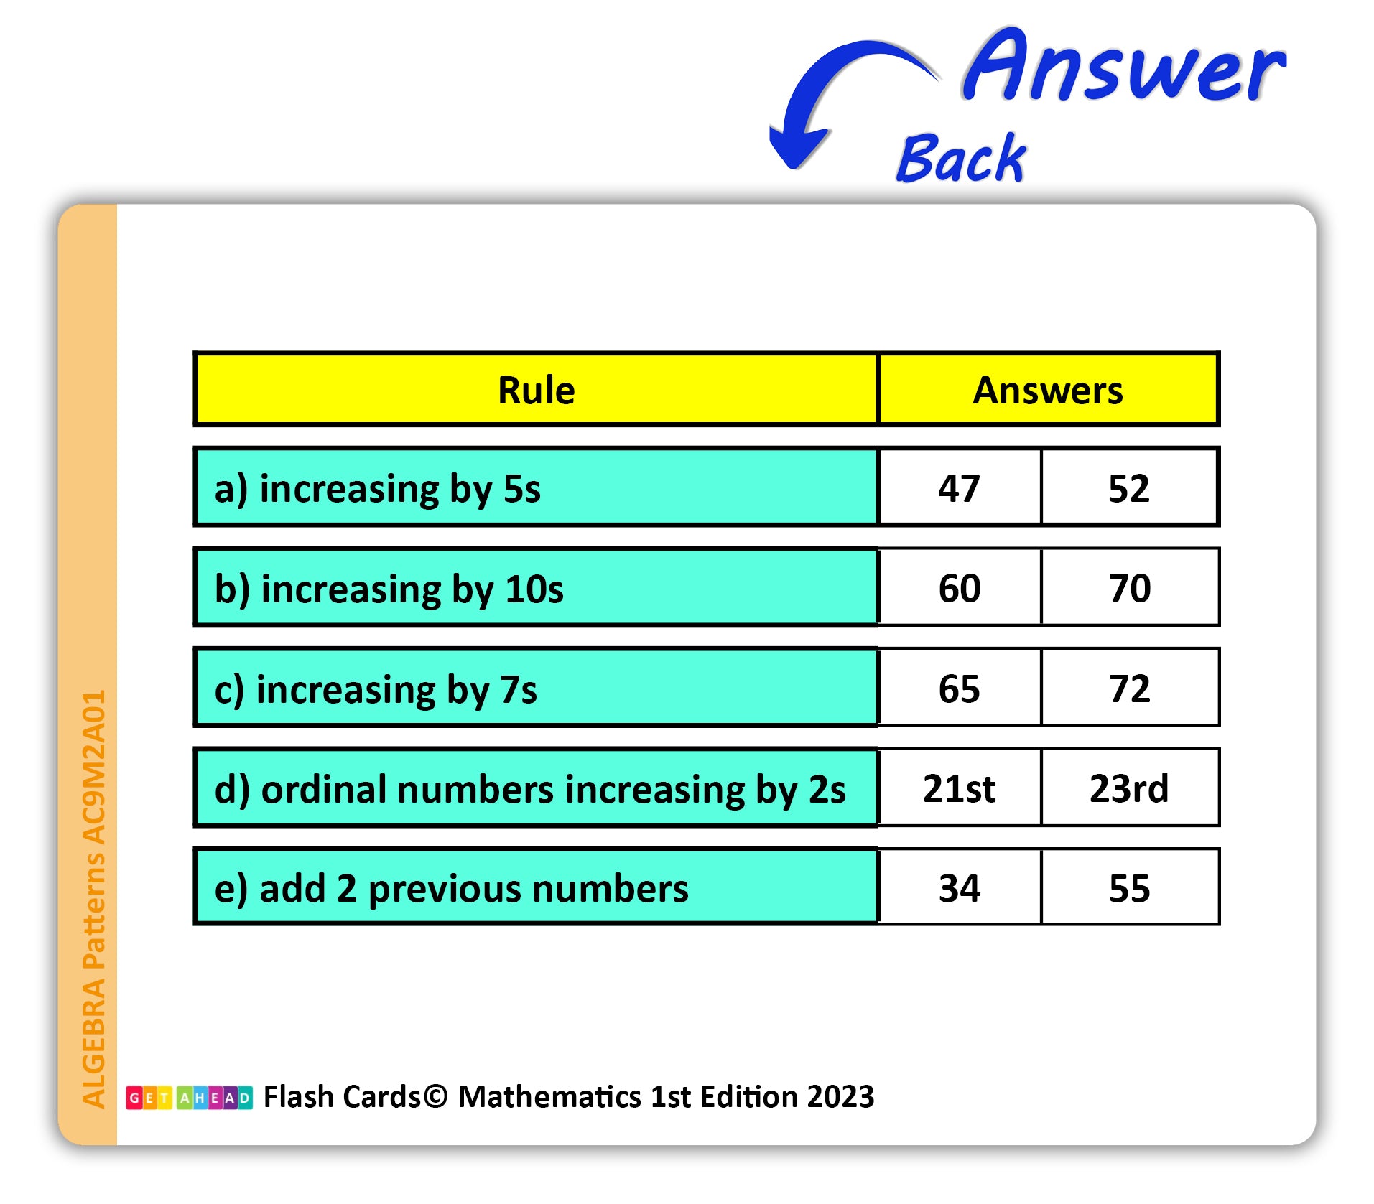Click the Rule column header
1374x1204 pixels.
coord(536,390)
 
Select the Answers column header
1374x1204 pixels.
coord(1048,390)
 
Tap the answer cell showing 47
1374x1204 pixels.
coord(960,487)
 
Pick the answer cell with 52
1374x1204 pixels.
coord(1129,487)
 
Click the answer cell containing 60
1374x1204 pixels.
coord(960,587)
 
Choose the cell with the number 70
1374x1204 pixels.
coord(1129,587)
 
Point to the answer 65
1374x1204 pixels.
coord(960,688)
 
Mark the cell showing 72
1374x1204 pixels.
coord(1129,688)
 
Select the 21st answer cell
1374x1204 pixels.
coord(960,788)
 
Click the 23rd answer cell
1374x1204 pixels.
coord(1129,788)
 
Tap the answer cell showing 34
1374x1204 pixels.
coord(960,887)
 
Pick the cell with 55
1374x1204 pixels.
coord(1129,887)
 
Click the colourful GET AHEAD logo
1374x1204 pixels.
coord(189,1097)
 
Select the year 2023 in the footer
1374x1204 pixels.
coord(840,1096)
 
